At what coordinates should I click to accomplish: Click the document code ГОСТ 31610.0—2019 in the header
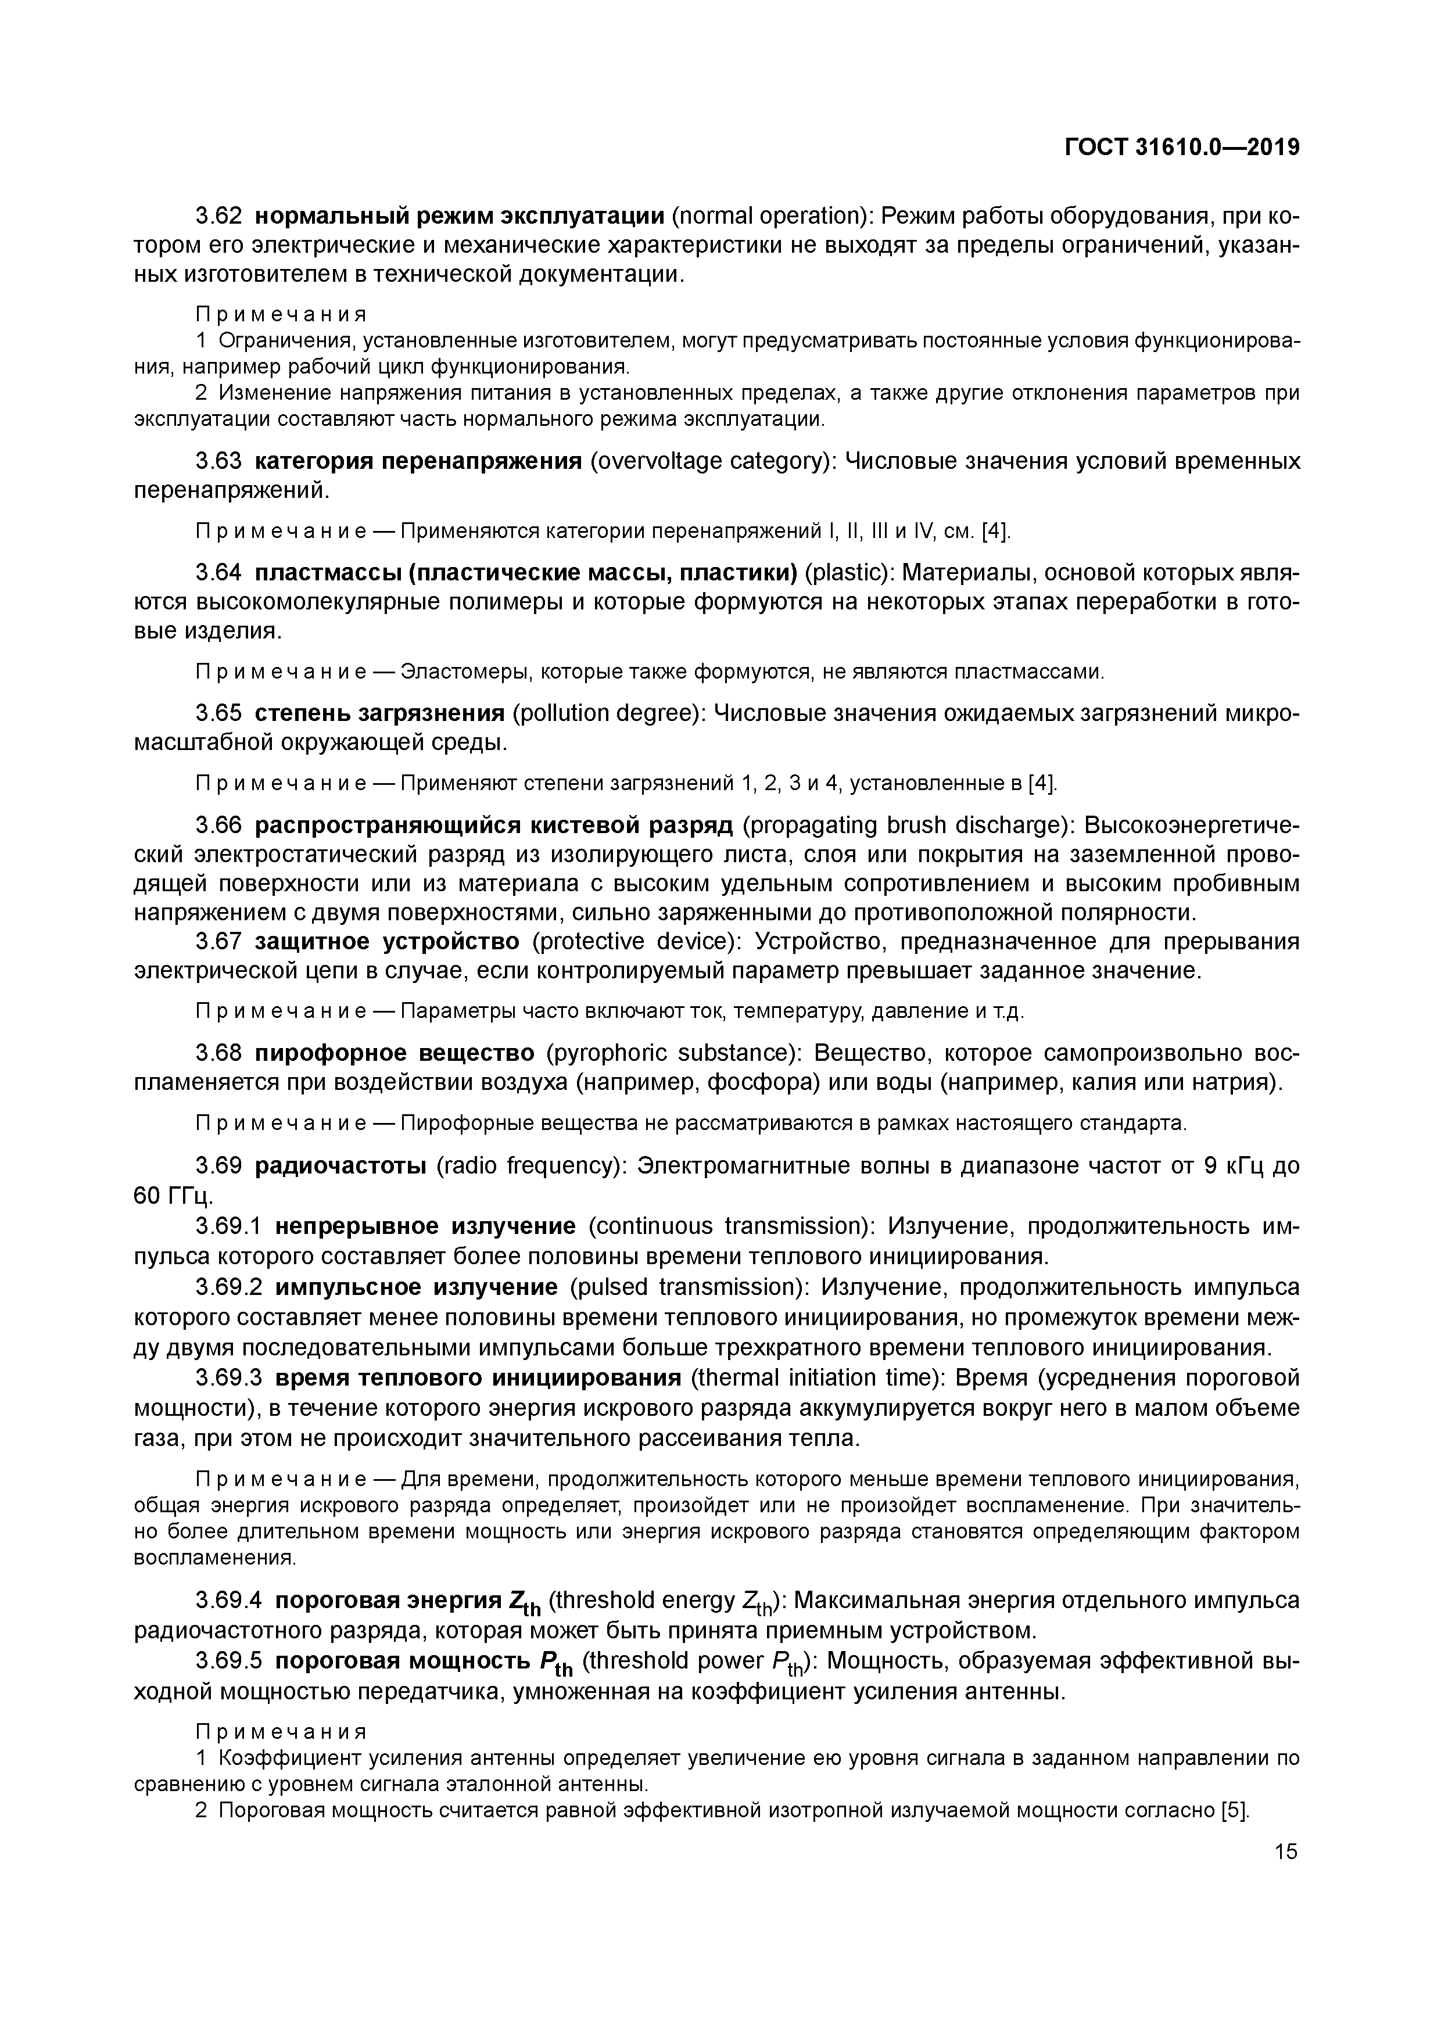pos(1182,148)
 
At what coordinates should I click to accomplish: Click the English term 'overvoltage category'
pos(713,461)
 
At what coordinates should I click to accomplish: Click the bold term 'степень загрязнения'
pos(379,713)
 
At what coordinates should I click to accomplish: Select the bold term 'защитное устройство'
pos(387,941)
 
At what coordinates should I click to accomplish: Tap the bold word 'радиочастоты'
pos(341,1165)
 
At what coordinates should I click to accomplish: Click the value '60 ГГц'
pos(173,1195)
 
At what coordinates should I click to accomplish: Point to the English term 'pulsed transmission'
pos(689,1287)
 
